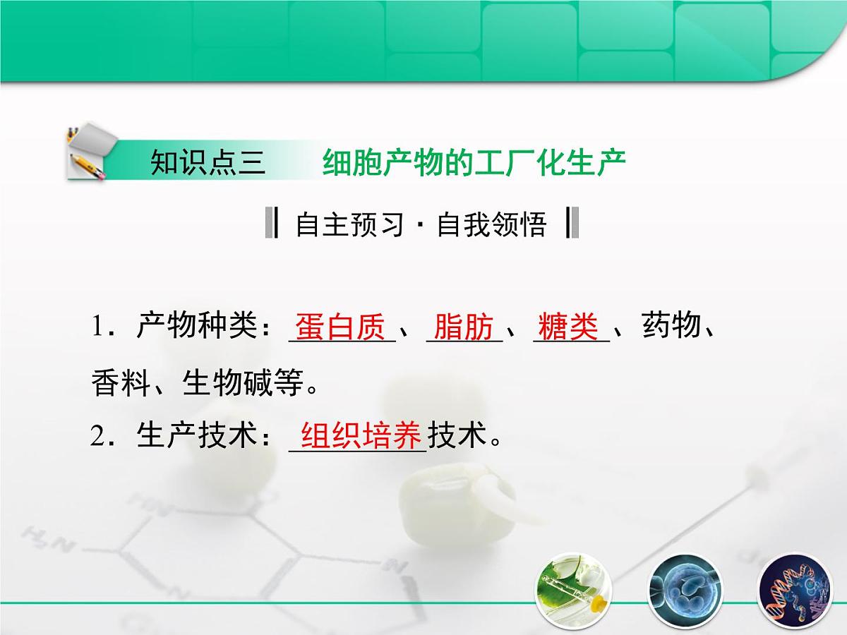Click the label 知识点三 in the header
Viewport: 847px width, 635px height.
point(208,163)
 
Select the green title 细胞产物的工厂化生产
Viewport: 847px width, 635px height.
point(474,163)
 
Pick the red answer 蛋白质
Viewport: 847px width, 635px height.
point(341,327)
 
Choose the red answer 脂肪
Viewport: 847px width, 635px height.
point(464,327)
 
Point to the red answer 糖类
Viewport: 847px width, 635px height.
point(568,327)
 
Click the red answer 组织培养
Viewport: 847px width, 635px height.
point(361,436)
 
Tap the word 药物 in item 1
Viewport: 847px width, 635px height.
point(671,327)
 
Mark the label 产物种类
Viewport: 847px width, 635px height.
point(194,327)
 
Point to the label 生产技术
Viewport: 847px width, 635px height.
point(194,436)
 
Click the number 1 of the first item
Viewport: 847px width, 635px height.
point(97,327)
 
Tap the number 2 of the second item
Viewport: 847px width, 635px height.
point(97,436)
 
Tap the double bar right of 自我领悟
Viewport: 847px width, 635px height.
point(572,224)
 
